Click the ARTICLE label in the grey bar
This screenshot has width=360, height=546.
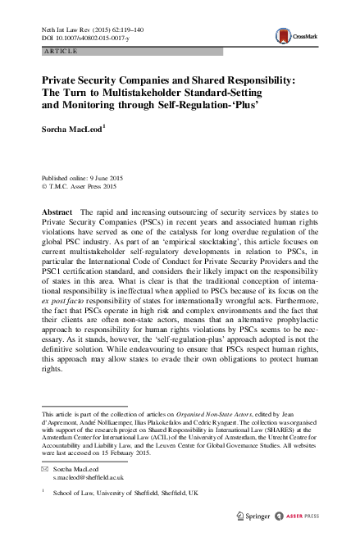pos(57,51)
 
